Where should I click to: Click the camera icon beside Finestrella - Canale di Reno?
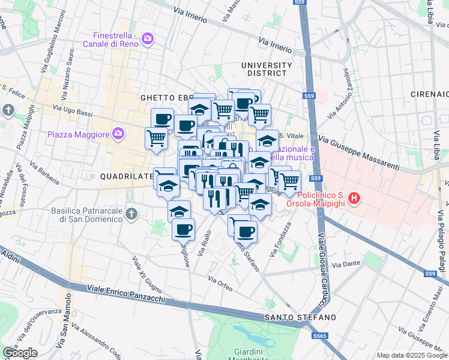click(148, 40)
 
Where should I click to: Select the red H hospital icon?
click(355, 197)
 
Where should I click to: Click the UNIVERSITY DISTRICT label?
click(267, 69)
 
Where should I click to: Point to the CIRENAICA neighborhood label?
click(429, 94)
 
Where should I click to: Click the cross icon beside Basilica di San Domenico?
click(131, 213)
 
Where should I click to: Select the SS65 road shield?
click(319, 336)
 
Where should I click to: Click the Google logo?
click(20, 353)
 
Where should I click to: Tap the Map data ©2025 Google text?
click(411, 355)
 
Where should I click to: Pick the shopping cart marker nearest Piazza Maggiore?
click(156, 138)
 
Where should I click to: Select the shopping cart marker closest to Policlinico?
click(289, 181)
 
